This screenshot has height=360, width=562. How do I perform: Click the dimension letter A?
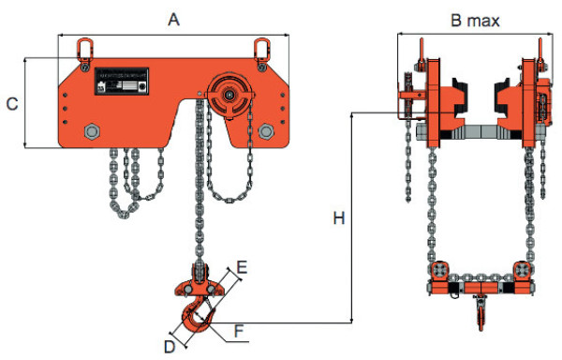pyautogui.click(x=172, y=18)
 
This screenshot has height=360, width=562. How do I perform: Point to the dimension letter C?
pyautogui.click(x=11, y=104)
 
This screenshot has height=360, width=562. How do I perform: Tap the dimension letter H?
pyautogui.click(x=338, y=218)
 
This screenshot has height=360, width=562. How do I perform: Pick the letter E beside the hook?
pyautogui.click(x=242, y=269)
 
